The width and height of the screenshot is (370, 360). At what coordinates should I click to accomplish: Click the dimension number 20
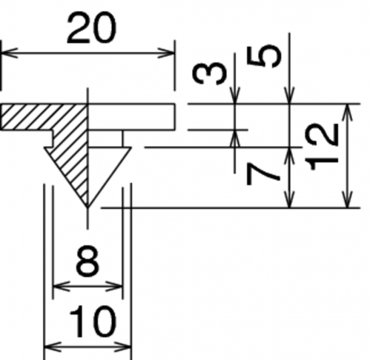(91, 28)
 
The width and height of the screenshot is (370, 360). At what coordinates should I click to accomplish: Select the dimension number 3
(210, 73)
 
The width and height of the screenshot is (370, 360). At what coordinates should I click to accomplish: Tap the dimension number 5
(264, 56)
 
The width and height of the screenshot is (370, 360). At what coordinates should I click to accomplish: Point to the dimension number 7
(263, 175)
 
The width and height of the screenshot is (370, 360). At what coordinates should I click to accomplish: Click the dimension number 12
(321, 147)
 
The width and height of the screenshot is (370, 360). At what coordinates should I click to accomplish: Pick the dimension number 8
(87, 261)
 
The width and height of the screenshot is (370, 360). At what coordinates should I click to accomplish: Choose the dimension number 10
(93, 321)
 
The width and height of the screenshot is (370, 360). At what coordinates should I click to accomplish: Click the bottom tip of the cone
(87, 207)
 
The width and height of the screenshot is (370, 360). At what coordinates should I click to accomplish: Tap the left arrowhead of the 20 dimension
(10, 53)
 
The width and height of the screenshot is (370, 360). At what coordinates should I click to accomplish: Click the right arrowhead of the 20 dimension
(166, 53)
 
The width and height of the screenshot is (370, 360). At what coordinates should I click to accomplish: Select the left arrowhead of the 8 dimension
(62, 287)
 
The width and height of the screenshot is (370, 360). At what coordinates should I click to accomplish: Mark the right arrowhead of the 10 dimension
(122, 347)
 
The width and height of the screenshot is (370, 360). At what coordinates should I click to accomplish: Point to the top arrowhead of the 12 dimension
(348, 113)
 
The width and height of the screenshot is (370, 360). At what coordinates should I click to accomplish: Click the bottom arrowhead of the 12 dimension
(348, 199)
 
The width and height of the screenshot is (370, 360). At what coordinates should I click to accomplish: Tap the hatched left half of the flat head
(44, 117)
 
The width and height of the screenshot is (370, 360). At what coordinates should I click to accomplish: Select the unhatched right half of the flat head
(131, 117)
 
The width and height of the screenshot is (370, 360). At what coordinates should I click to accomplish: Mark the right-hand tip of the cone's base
(131, 147)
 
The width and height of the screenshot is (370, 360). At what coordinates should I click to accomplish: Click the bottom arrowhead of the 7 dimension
(290, 199)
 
